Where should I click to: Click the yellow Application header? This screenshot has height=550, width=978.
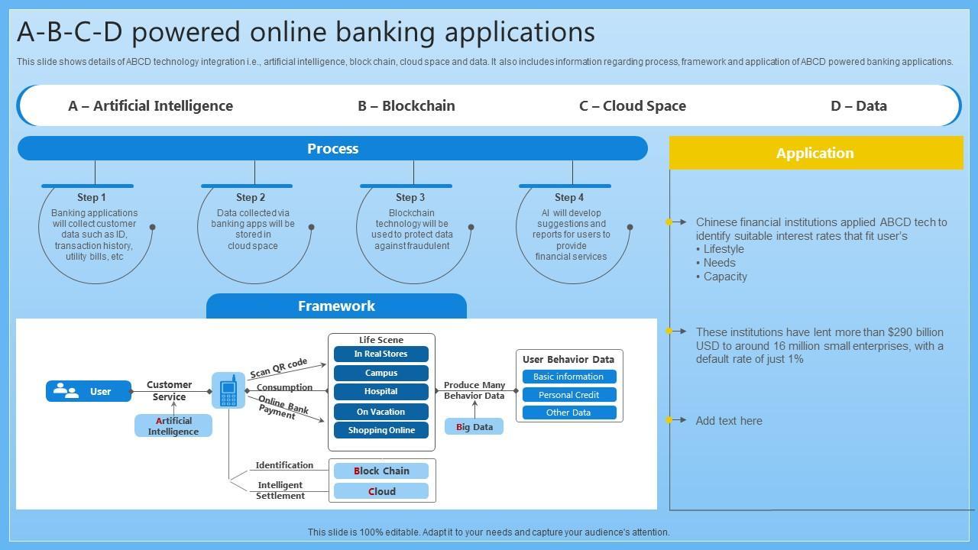pyautogui.click(x=816, y=153)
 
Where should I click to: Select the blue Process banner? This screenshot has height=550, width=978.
pyautogui.click(x=332, y=148)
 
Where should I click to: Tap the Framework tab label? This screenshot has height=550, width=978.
pyautogui.click(x=336, y=306)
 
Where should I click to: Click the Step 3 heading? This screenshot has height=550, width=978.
pyautogui.click(x=410, y=197)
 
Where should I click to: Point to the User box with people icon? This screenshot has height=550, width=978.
pyautogui.click(x=89, y=391)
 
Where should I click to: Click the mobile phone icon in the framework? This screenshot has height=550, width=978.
pyautogui.click(x=228, y=390)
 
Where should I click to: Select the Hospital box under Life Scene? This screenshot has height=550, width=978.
pyautogui.click(x=381, y=392)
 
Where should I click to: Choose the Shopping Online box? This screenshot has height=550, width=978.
pyautogui.click(x=381, y=430)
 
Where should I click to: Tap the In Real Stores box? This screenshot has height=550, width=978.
pyautogui.click(x=381, y=354)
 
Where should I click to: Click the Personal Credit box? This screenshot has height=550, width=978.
pyautogui.click(x=569, y=395)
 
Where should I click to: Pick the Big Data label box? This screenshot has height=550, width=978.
pyautogui.click(x=474, y=426)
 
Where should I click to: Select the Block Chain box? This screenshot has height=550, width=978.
pyautogui.click(x=381, y=471)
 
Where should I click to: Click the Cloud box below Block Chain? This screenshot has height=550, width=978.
pyautogui.click(x=381, y=491)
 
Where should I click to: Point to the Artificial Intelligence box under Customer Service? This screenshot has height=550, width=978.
pyautogui.click(x=173, y=425)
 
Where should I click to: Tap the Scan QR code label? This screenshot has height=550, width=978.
pyautogui.click(x=279, y=368)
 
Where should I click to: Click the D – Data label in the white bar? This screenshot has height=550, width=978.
pyautogui.click(x=858, y=105)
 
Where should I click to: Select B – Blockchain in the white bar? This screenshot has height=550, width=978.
pyautogui.click(x=406, y=105)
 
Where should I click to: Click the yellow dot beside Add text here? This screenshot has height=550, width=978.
pyautogui.click(x=669, y=420)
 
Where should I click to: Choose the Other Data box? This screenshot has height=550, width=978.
pyautogui.click(x=569, y=412)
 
